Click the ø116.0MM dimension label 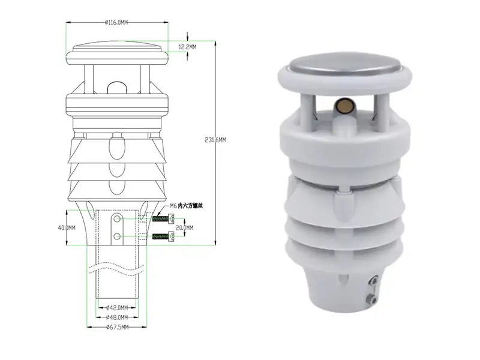point(116,22)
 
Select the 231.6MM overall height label point(214,140)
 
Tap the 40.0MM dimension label point(68,228)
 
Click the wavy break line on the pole point(116,266)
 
